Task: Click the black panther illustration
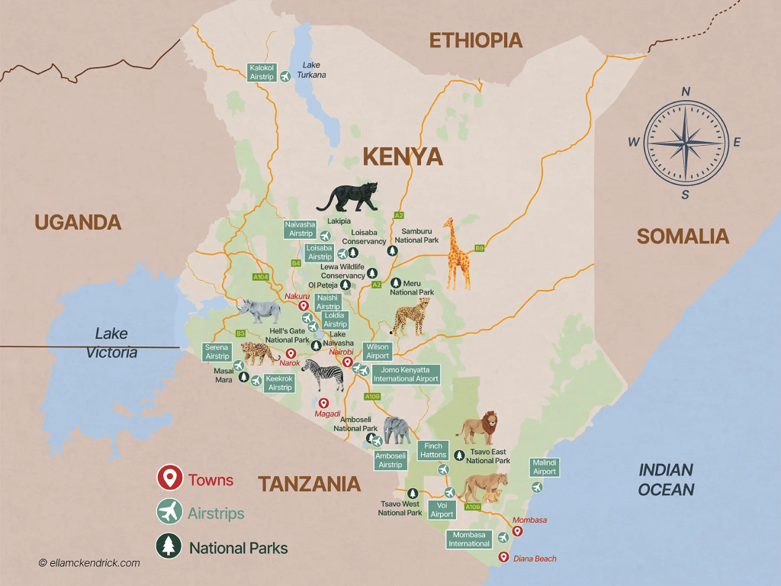tap(348, 197)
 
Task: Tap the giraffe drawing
tap(458, 253)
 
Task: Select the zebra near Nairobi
tap(323, 374)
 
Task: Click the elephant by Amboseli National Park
tap(397, 430)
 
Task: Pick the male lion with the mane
tap(478, 427)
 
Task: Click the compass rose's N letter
tap(685, 92)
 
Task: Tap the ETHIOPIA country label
tap(476, 40)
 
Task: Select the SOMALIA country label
tap(683, 237)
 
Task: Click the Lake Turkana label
tap(313, 69)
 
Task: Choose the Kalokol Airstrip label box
tap(262, 72)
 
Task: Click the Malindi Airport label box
tap(545, 467)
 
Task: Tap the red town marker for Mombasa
tap(517, 531)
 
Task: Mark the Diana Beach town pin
tap(503, 557)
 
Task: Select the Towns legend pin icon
tap(169, 478)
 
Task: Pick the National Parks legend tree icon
tap(169, 546)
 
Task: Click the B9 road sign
tap(480, 248)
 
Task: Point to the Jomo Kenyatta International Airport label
tap(405, 374)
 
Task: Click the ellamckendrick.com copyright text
tap(89, 563)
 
